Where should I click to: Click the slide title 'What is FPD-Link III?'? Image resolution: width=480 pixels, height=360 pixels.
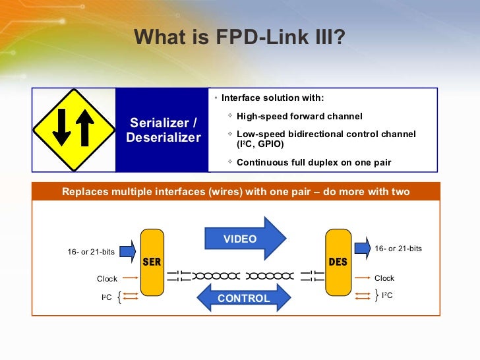tap(239, 38)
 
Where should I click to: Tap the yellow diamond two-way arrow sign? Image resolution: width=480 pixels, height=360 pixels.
tap(73, 129)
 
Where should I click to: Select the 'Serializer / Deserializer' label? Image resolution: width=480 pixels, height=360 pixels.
tap(164, 130)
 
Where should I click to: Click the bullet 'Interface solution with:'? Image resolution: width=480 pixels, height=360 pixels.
tap(272, 98)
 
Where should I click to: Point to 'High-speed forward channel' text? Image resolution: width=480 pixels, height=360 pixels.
tap(299, 117)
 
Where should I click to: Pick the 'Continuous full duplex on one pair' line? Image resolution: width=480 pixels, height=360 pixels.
tap(314, 162)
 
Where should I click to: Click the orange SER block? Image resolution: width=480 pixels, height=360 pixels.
tap(152, 262)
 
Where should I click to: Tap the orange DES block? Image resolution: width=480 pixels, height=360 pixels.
tap(338, 262)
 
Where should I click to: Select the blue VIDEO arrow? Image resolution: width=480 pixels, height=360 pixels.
tap(245, 239)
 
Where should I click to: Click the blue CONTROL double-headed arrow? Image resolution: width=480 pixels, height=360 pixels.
tap(244, 298)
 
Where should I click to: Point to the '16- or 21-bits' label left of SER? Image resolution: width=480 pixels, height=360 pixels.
tap(91, 252)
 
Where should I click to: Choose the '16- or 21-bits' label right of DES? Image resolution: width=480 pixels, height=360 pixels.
tap(398, 249)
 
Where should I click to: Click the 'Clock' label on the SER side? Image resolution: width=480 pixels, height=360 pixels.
tap(107, 279)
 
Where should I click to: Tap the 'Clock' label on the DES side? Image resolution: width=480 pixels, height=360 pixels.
tap(384, 278)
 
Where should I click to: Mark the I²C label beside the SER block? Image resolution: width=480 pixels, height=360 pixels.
tap(106, 298)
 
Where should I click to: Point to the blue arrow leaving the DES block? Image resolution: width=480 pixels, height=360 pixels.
tap(362, 248)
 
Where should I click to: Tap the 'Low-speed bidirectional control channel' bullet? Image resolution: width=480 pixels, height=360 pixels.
tap(326, 134)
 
